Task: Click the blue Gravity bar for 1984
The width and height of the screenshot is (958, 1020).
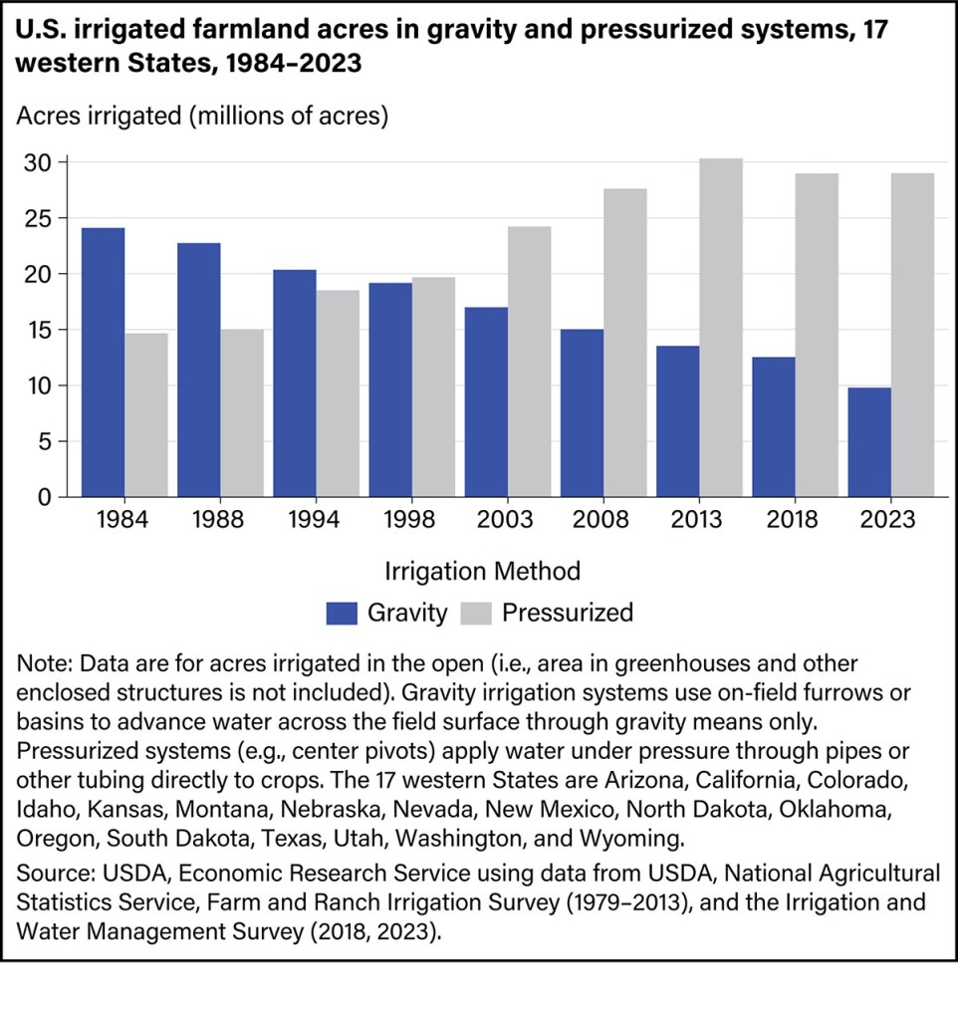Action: point(103,362)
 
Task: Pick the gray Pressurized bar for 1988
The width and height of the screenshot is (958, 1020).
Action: point(242,412)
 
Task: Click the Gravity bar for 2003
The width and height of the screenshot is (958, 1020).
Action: point(486,401)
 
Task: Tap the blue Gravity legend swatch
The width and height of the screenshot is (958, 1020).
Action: point(342,612)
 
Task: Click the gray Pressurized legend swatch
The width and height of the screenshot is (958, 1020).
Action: point(477,612)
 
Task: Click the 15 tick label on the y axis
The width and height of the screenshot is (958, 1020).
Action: point(37,330)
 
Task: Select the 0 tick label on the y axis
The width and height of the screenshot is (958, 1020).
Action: point(44,496)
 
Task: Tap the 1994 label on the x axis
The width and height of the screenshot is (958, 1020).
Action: point(316,521)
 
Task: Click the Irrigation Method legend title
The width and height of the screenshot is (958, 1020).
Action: point(481,571)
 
